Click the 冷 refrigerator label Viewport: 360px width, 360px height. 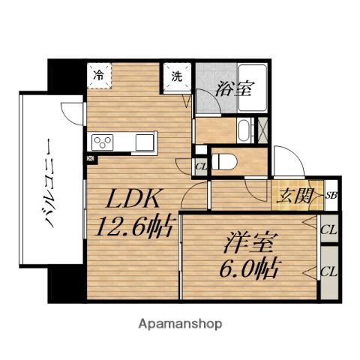click(x=98, y=74)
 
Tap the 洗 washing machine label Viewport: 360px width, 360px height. click(x=176, y=75)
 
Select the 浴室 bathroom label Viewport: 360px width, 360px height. click(x=233, y=88)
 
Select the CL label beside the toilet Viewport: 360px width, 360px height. click(x=201, y=166)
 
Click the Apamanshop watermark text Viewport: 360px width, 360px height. click(x=180, y=325)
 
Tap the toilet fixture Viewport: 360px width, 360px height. click(x=226, y=159)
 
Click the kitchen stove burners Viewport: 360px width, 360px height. click(x=101, y=142)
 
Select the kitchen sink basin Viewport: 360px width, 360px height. click(x=145, y=141)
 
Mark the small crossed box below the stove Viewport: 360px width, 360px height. click(x=91, y=159)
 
